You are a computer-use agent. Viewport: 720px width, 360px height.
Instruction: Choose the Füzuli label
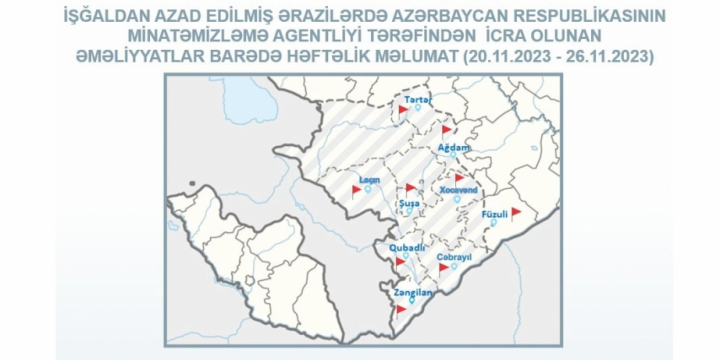coord(494,213)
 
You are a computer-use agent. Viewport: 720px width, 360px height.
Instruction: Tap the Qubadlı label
coord(408,246)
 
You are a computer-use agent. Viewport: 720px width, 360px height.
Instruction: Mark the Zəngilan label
coord(412,293)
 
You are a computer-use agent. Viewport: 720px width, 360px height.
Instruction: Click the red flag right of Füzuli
coord(516,212)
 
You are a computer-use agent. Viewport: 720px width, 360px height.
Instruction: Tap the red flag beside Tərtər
coord(403,109)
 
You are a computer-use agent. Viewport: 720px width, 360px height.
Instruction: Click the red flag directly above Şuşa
coord(410,187)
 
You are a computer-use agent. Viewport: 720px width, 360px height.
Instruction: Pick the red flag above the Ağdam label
coord(447,129)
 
